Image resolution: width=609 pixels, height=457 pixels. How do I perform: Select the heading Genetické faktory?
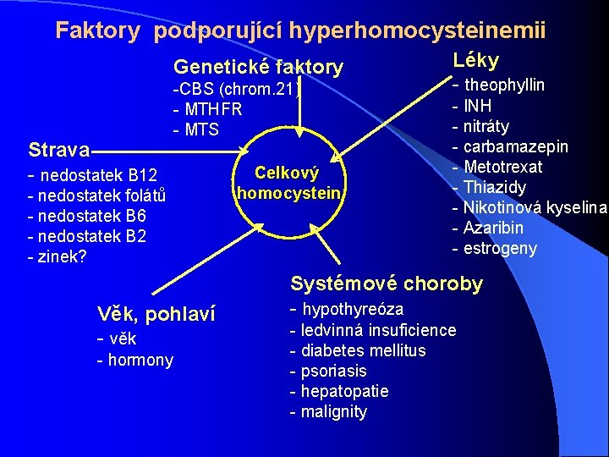(258, 67)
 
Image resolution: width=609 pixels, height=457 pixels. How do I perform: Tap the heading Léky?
(476, 60)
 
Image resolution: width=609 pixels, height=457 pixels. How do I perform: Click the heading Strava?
(58, 151)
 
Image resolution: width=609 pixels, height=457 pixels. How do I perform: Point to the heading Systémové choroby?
(387, 284)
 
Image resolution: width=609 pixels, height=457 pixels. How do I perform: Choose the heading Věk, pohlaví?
(156, 315)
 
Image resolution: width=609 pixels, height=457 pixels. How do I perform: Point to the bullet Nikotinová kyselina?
(535, 207)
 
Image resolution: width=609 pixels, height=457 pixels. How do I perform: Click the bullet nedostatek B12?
(97, 176)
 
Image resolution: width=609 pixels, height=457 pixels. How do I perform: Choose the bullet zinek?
(62, 257)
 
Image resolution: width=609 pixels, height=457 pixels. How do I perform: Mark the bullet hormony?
(140, 361)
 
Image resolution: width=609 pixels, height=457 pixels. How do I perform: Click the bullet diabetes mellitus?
(362, 350)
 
